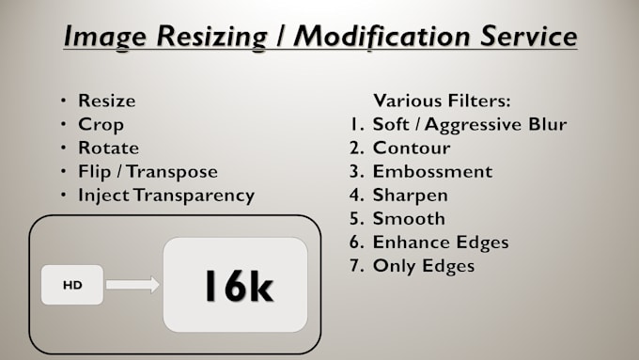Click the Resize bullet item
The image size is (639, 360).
(106, 101)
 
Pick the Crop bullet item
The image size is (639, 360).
(101, 124)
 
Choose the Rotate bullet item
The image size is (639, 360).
(108, 148)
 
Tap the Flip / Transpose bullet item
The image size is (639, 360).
(148, 172)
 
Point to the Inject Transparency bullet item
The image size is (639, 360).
(166, 196)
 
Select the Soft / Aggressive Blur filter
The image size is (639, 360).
(469, 124)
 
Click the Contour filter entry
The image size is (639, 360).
(411, 148)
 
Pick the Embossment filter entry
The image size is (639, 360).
(432, 172)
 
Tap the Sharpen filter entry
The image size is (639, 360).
(410, 196)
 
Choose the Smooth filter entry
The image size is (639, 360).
(409, 219)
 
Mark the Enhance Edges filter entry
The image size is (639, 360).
(440, 243)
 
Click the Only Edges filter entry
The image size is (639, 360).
(423, 266)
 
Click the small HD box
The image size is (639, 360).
(72, 285)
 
